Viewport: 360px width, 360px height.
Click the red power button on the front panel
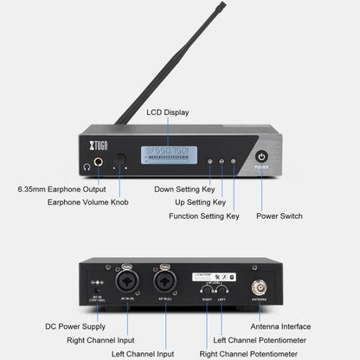pyautogui.click(x=262, y=157)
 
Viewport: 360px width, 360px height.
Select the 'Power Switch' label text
pyautogui.click(x=279, y=215)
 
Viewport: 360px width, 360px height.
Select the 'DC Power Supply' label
pyautogui.click(x=75, y=326)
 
